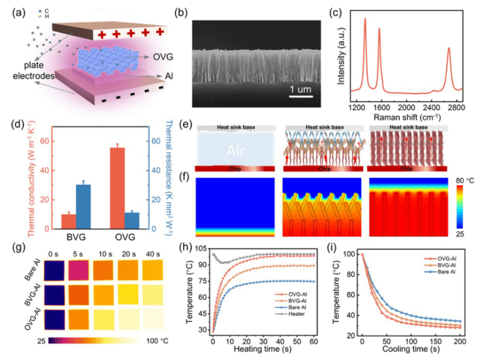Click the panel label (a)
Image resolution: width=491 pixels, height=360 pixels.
[x=20, y=13]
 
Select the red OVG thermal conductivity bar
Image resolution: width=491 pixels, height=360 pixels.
[x=117, y=188]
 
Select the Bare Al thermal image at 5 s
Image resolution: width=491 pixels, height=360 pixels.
[x=80, y=271]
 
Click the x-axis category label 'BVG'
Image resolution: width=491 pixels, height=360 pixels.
[x=75, y=237]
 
